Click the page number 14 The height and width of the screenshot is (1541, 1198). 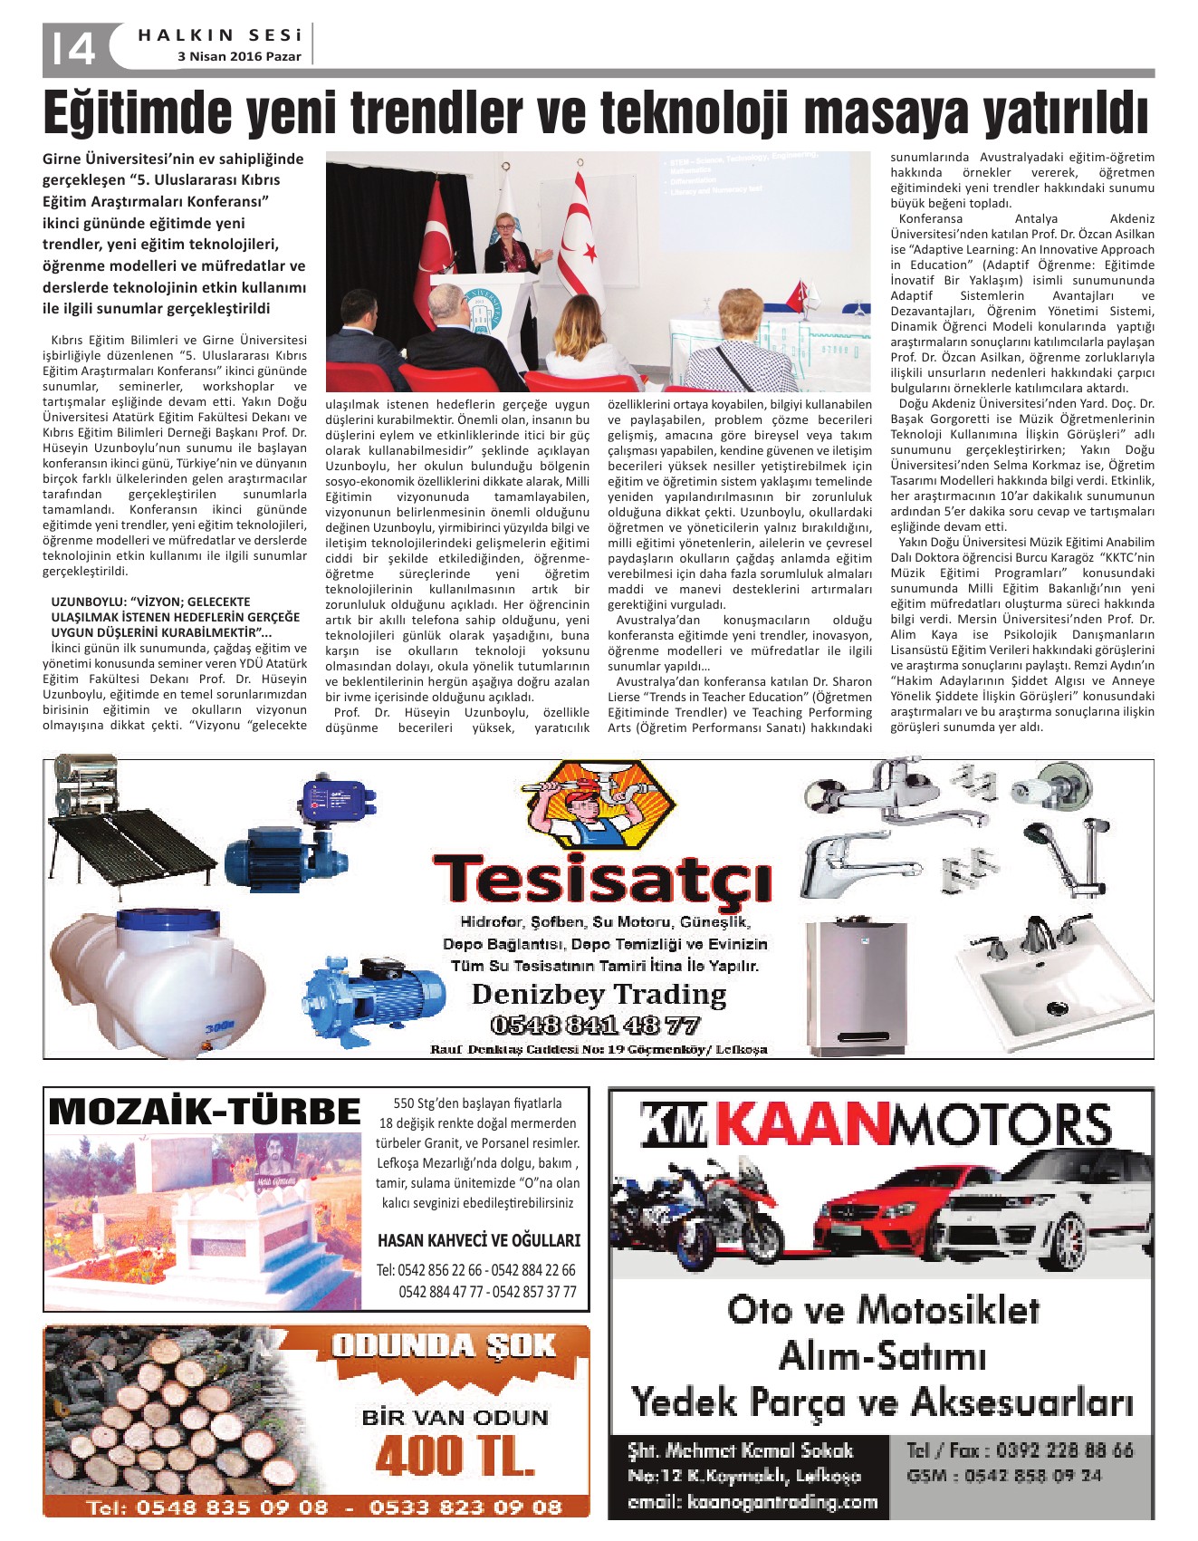coord(73,50)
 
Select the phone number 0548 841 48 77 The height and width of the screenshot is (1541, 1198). coord(595,1026)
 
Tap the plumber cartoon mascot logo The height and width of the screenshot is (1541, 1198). coord(600,804)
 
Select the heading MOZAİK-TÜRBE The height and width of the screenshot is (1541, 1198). coord(204,1112)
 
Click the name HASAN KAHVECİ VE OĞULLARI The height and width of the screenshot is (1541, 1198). coord(479,1240)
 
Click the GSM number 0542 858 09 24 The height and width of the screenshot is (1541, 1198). coord(1004,1476)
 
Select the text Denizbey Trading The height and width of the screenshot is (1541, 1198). coord(599,994)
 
